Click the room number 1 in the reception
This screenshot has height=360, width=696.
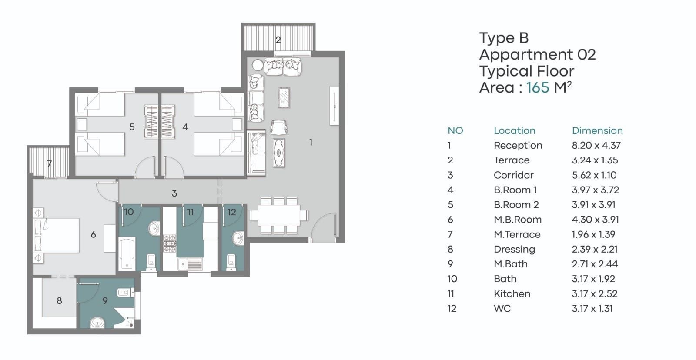pyautogui.click(x=311, y=142)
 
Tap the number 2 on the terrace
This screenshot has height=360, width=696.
pyautogui.click(x=278, y=40)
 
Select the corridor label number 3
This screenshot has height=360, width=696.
pyautogui.click(x=174, y=193)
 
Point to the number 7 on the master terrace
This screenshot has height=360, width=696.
pyautogui.click(x=49, y=163)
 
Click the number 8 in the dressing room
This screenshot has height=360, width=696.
pyautogui.click(x=59, y=301)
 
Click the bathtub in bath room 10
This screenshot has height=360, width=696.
pyautogui.click(x=127, y=253)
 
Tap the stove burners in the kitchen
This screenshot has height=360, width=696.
pyautogui.click(x=170, y=243)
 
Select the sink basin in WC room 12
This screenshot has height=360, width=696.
pyautogui.click(x=238, y=238)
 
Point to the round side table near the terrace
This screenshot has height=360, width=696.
pyautogui.click(x=258, y=66)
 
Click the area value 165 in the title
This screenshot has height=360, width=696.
pyautogui.click(x=538, y=87)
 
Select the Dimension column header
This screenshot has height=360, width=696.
pyautogui.click(x=597, y=130)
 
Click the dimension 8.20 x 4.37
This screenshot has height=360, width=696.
pyautogui.click(x=596, y=145)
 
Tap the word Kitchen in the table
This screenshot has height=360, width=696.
pyautogui.click(x=512, y=293)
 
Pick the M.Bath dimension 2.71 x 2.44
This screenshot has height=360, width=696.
pyautogui.click(x=595, y=264)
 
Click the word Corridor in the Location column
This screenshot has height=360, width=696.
pyautogui.click(x=513, y=175)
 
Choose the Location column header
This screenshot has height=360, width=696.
pyautogui.click(x=515, y=130)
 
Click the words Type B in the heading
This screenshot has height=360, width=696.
pyautogui.click(x=504, y=38)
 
